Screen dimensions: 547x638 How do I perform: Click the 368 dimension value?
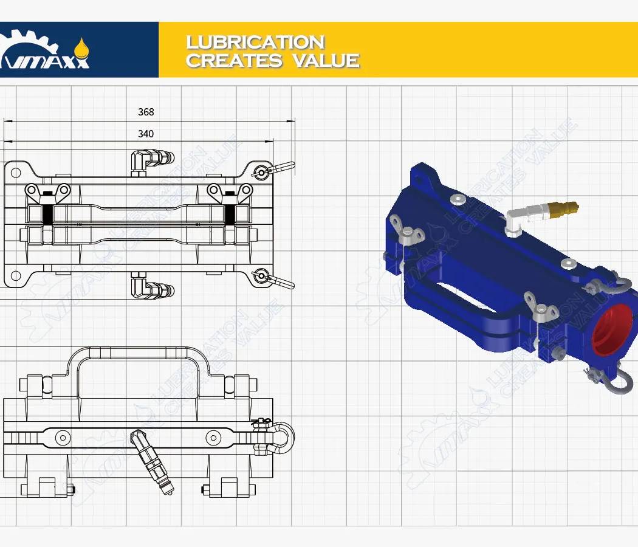[x=146, y=112]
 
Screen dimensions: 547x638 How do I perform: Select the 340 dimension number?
[x=146, y=134]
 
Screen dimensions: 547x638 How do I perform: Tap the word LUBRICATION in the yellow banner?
[x=255, y=42]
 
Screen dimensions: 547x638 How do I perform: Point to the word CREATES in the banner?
[x=234, y=61]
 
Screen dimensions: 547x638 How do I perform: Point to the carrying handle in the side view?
[x=138, y=353]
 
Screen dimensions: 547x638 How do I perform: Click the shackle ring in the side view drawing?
[x=283, y=436]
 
